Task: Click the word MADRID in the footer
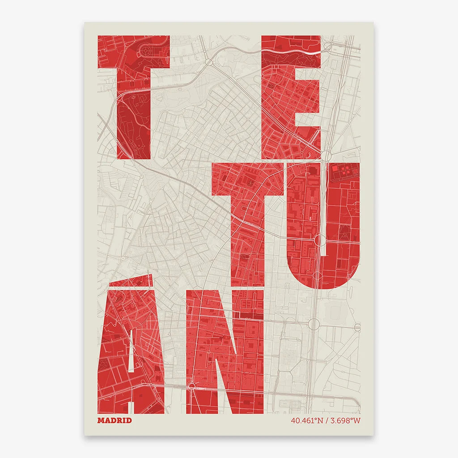114,420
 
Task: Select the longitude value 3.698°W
344,420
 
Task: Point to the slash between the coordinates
326,420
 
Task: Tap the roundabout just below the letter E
326,156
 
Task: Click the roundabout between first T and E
210,63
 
